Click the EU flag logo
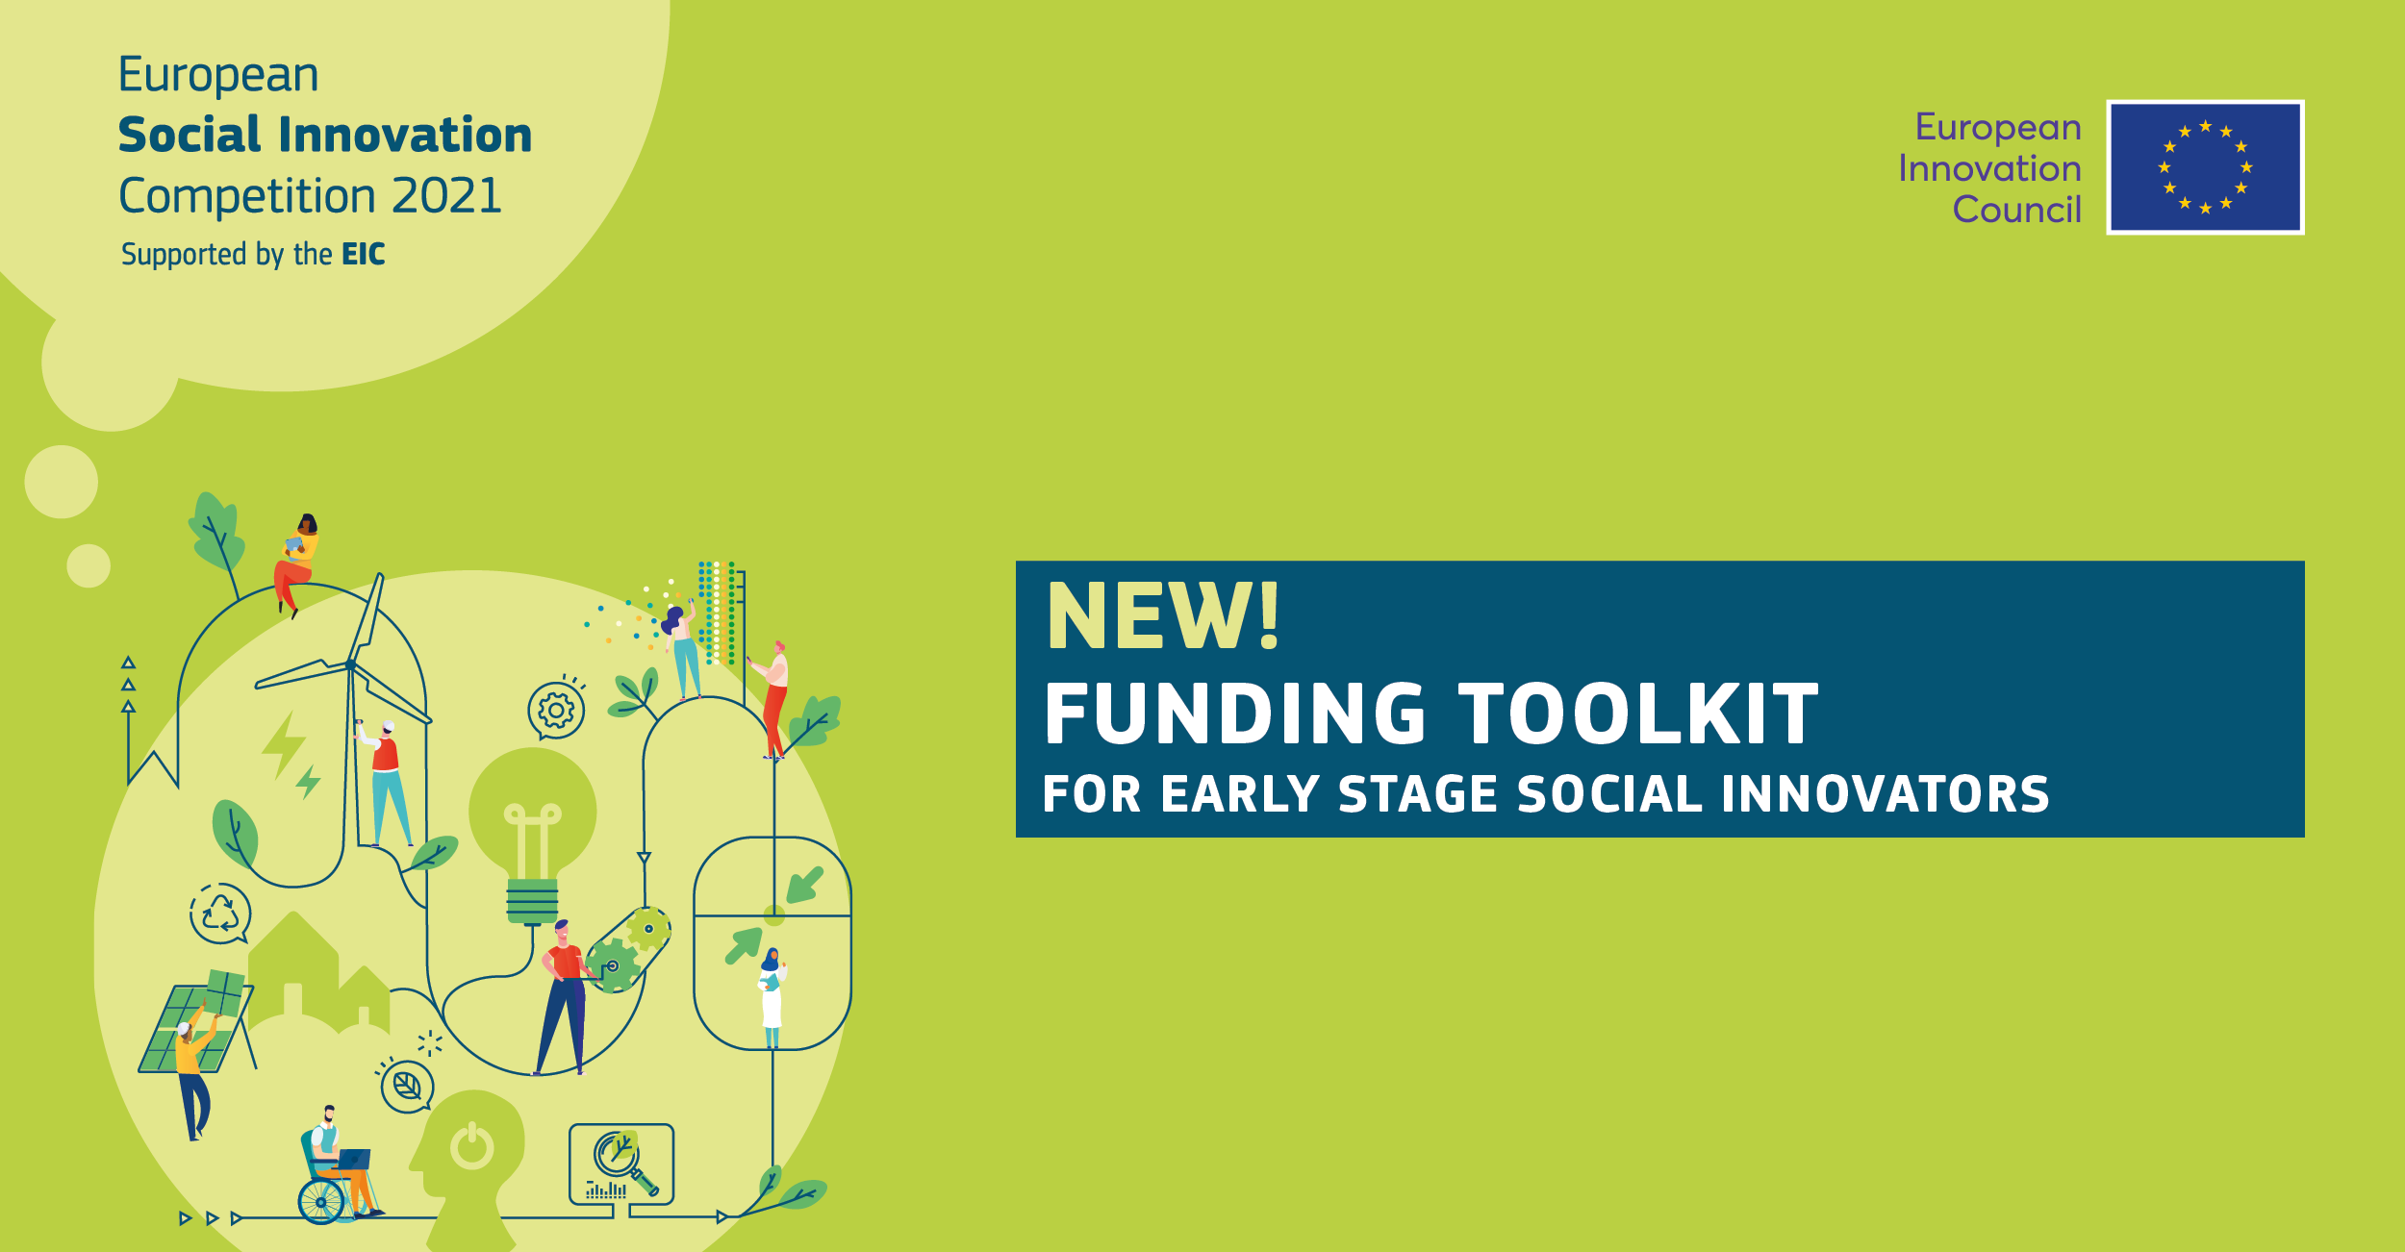click(x=2205, y=167)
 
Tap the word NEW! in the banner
click(x=1163, y=615)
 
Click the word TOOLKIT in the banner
click(x=1638, y=714)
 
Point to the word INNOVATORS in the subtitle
click(x=1886, y=794)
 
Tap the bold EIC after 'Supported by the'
click(x=364, y=254)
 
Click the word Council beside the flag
click(x=2016, y=209)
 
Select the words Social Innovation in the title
click(x=325, y=135)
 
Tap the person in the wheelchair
click(x=337, y=1165)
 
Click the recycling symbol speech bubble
click(x=220, y=914)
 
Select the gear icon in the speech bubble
click(x=556, y=711)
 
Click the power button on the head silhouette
click(x=472, y=1146)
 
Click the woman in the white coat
click(x=772, y=997)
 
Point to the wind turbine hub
click(x=350, y=664)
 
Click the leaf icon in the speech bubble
click(x=407, y=1087)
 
